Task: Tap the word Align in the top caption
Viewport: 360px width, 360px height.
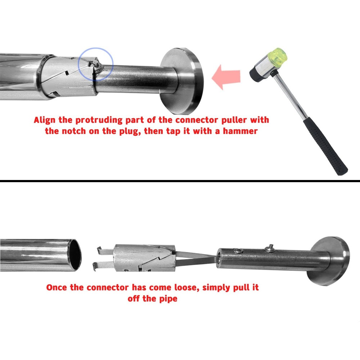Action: (45, 120)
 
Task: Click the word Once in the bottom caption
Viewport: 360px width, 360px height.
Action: (57, 288)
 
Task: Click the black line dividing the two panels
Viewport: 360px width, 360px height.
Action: (180, 180)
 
